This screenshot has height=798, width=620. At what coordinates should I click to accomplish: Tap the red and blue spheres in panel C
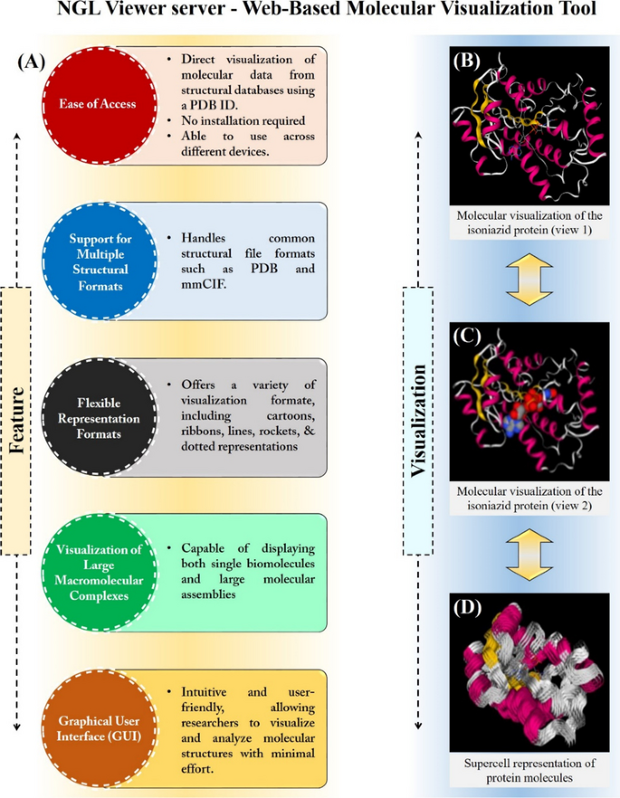point(522,402)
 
